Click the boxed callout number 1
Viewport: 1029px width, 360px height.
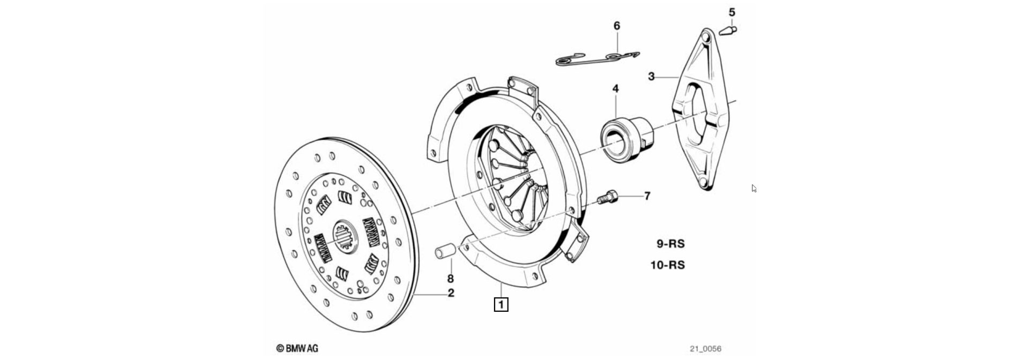coord(501,305)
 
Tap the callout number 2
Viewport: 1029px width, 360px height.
coord(451,293)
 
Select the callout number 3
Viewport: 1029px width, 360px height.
coord(651,77)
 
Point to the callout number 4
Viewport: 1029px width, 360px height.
coord(615,88)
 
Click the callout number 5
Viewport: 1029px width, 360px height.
coord(732,12)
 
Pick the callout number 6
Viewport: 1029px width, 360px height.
coord(616,26)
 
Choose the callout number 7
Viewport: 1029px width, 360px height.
coord(647,196)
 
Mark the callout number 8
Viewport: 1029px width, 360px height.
coord(450,279)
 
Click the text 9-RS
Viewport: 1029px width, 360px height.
coord(670,244)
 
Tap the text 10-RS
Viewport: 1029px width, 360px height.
coord(667,265)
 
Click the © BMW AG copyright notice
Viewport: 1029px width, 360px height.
coord(297,348)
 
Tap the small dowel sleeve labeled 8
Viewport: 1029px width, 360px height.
coord(445,250)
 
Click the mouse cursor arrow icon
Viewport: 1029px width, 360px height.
coord(754,188)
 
